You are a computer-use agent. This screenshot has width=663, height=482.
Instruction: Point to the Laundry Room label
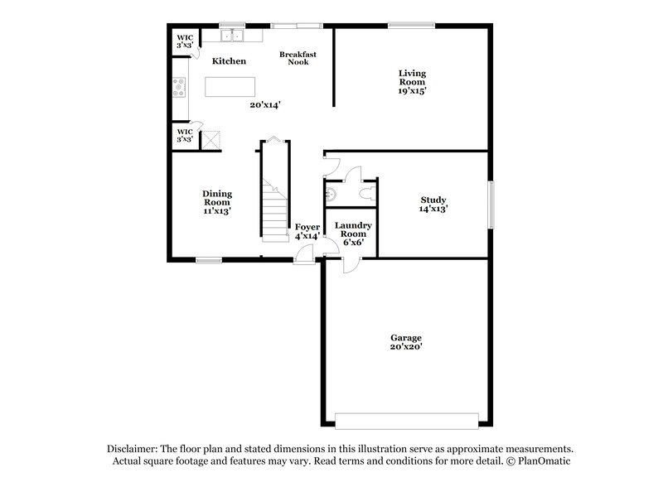pyautogui.click(x=353, y=229)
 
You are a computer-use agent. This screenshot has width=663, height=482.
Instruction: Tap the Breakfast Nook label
pyautogui.click(x=298, y=58)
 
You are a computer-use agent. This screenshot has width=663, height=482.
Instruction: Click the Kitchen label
pyautogui.click(x=229, y=61)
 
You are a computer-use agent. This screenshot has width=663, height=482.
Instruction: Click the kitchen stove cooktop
pyautogui.click(x=178, y=87)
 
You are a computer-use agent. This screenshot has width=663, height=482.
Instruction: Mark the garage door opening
pyautogui.click(x=407, y=420)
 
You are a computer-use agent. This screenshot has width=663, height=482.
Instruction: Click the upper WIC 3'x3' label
pyautogui.click(x=184, y=41)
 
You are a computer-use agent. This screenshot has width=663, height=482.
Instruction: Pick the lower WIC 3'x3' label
pyautogui.click(x=184, y=135)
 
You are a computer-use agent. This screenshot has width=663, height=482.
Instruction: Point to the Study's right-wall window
pyautogui.click(x=490, y=204)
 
